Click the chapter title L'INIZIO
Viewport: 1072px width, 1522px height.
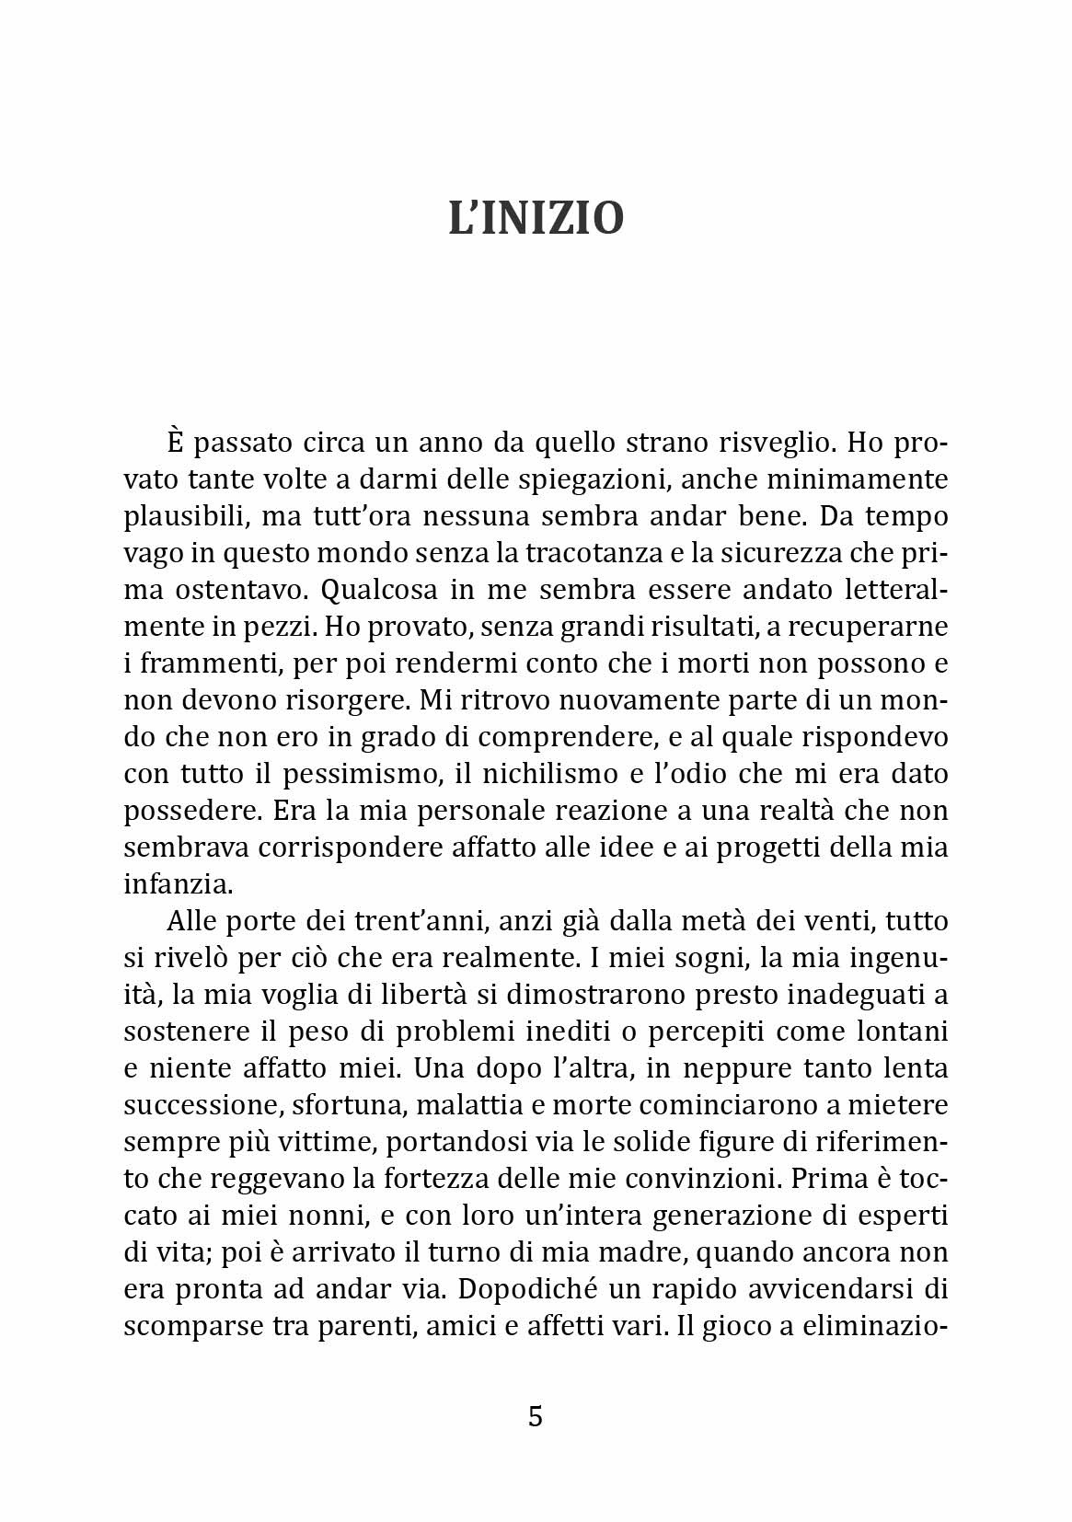click(x=536, y=219)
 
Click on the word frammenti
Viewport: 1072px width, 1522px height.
click(x=203, y=664)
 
